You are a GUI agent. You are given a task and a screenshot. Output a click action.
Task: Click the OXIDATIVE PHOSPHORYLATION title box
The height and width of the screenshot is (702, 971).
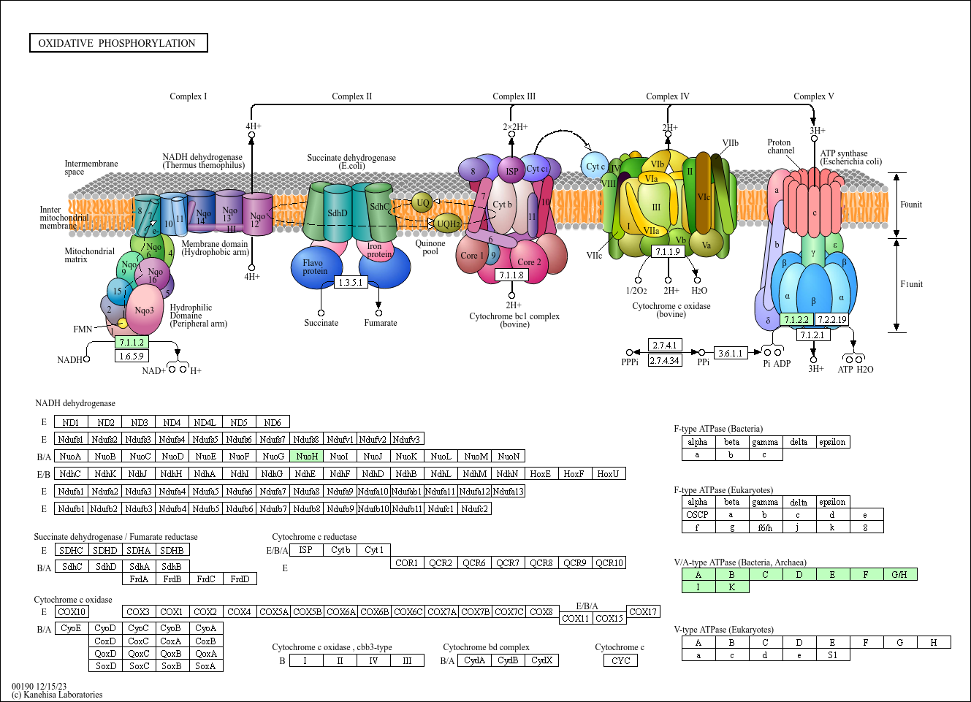tap(118, 43)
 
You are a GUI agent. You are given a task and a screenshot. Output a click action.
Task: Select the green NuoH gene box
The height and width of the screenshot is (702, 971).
tap(307, 457)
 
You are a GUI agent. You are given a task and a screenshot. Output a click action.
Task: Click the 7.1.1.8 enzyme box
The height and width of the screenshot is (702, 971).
tap(511, 275)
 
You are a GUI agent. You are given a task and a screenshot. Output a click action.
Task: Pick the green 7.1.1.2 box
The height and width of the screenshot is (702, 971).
tap(132, 342)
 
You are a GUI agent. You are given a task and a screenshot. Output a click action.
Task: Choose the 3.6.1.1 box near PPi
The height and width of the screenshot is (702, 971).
tap(730, 353)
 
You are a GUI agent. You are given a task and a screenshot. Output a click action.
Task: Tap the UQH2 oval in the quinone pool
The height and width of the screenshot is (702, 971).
tap(448, 224)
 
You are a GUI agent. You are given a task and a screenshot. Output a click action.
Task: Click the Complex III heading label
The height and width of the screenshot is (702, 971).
tap(514, 96)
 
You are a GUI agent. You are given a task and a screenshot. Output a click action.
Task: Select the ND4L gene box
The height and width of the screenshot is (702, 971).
tap(205, 422)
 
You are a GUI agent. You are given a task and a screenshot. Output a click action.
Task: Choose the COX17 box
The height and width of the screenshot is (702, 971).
tap(643, 612)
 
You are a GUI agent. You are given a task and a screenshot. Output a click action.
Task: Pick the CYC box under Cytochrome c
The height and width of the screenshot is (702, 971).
tap(621, 660)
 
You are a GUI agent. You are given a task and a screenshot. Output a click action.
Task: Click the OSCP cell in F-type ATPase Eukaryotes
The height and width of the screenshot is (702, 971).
tap(698, 514)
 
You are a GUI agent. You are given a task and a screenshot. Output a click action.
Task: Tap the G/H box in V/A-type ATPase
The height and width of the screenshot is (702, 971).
tap(899, 574)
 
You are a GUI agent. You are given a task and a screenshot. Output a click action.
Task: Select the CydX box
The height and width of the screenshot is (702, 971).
tap(541, 660)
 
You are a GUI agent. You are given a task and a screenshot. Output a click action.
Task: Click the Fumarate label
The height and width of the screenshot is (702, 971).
tap(381, 323)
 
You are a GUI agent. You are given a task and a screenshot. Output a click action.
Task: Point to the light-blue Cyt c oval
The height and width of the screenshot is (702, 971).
tap(595, 167)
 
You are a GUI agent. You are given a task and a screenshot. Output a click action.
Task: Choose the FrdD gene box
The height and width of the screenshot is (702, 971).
tap(240, 579)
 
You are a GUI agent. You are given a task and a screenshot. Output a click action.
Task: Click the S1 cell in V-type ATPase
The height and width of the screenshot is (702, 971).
tap(832, 655)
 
